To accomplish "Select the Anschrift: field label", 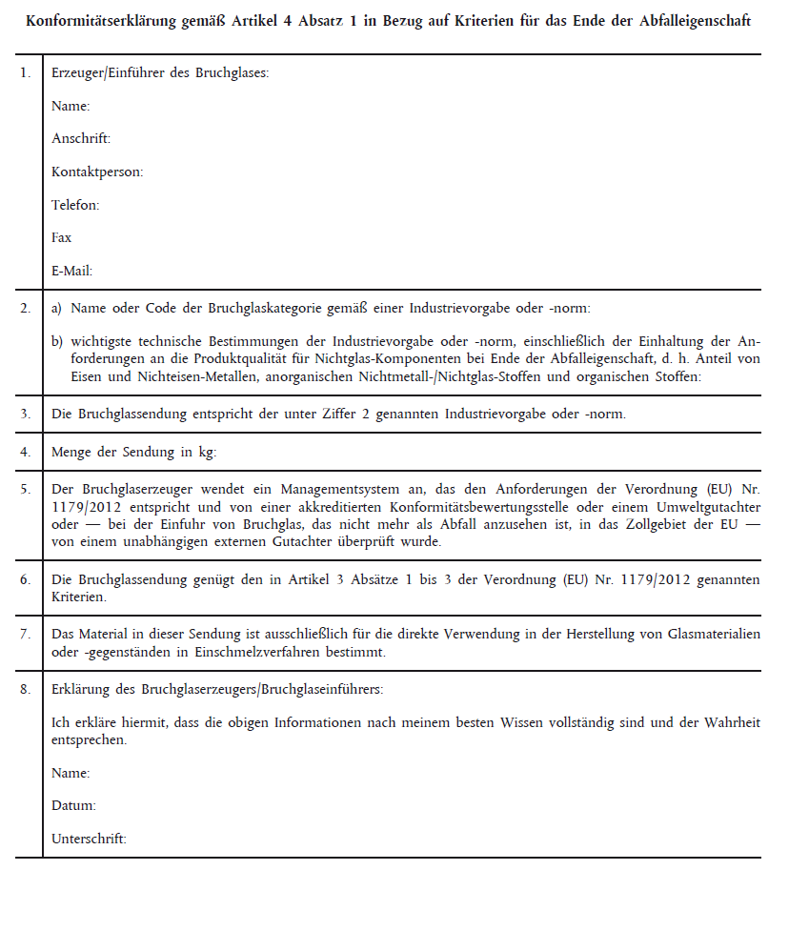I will (81, 139).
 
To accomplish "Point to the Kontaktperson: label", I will (97, 172).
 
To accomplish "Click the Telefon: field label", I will (75, 205).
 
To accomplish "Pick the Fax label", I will (61, 237).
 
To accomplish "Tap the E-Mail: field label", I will (71, 271).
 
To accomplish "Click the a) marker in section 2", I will (56, 309).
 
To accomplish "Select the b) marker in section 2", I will (57, 341).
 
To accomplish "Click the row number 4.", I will (26, 452).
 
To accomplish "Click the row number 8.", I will (26, 688).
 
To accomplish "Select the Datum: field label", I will (73, 805).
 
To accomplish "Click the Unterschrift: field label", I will (89, 839).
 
